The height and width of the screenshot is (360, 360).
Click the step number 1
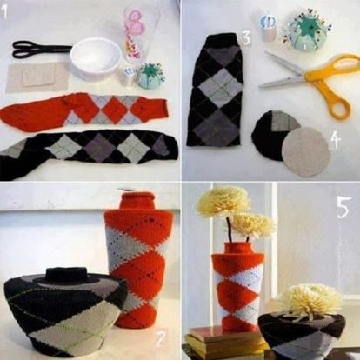[x=3, y=11]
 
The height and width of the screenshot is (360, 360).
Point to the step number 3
[x=246, y=38]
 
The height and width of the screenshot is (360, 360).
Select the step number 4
[x=335, y=141]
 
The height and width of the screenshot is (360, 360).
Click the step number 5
[x=343, y=207]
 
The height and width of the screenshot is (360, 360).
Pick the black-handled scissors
[x=41, y=49]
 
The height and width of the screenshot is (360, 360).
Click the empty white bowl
[x=96, y=58]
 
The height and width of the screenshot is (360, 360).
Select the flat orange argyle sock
[x=84, y=110]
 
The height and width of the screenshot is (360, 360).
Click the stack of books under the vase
[x=224, y=341]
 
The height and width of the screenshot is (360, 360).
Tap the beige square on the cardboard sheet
[x=38, y=77]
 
